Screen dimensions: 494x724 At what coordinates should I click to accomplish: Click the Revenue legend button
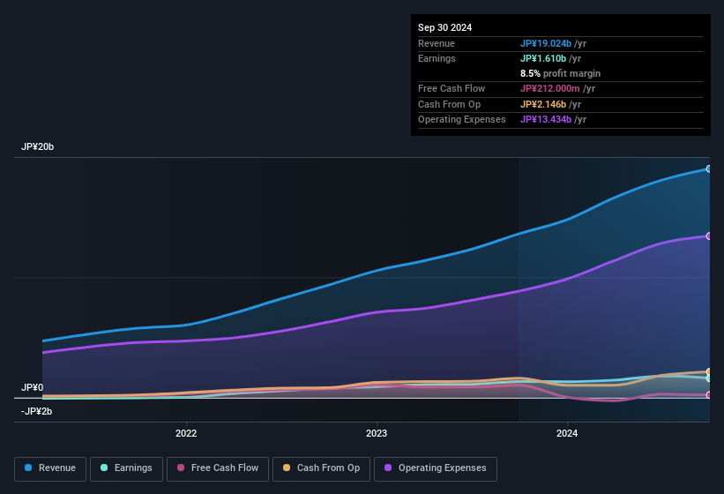(50, 468)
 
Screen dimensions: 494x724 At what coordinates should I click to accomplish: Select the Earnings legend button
(126, 468)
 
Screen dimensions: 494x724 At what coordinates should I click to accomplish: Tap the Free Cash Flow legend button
(218, 468)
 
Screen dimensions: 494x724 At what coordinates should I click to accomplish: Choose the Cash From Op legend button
(321, 468)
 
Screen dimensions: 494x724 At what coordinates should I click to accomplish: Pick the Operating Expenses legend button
(435, 468)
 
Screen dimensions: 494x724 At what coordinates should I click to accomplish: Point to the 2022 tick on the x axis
(186, 433)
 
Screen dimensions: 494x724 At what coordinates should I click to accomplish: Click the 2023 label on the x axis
(377, 433)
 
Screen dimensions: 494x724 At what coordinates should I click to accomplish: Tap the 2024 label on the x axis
(567, 433)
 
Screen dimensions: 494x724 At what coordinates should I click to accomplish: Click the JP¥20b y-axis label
(38, 147)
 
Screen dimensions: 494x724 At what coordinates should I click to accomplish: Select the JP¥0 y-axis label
(32, 388)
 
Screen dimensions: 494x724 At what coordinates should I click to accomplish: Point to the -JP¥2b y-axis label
(36, 411)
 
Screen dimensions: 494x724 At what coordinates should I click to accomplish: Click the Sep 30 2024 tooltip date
(444, 27)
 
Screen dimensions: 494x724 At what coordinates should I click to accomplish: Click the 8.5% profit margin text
(560, 73)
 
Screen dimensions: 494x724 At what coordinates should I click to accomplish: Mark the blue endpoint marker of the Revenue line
(709, 168)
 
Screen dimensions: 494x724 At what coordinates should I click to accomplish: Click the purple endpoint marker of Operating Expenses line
(709, 236)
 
